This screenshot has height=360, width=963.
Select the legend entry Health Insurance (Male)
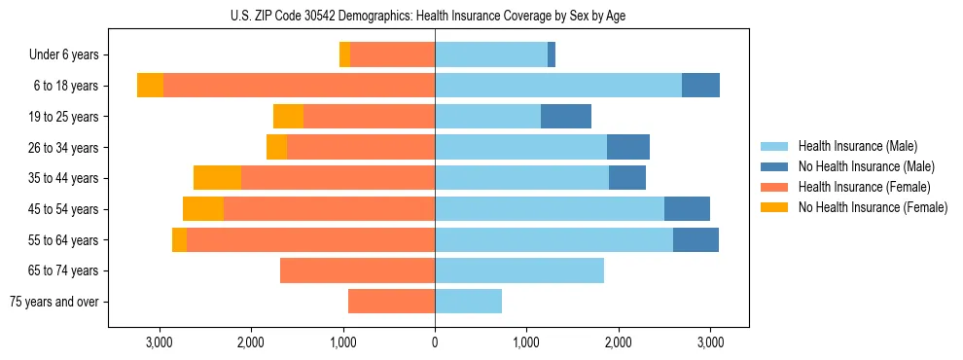click(x=857, y=146)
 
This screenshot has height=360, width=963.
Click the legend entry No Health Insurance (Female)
click(x=873, y=207)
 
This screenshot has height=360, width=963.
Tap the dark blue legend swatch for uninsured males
click(x=773, y=166)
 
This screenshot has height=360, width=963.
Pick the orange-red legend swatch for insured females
click(x=773, y=187)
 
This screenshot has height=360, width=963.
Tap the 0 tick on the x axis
click(x=435, y=342)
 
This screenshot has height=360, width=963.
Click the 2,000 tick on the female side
click(x=251, y=342)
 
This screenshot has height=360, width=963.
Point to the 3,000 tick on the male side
click(x=710, y=342)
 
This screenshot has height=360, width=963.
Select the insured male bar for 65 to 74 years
click(x=519, y=270)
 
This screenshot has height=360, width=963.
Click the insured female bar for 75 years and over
click(x=391, y=302)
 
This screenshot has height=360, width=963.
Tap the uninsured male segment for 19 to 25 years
click(x=566, y=117)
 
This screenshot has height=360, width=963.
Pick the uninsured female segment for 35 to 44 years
click(x=217, y=178)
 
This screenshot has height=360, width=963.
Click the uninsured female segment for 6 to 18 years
click(x=150, y=86)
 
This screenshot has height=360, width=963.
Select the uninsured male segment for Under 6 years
click(x=552, y=55)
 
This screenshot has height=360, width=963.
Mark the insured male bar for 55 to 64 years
click(x=553, y=239)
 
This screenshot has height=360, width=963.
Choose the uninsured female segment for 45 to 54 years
click(x=203, y=209)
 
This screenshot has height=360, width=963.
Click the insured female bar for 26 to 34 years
click(x=361, y=147)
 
